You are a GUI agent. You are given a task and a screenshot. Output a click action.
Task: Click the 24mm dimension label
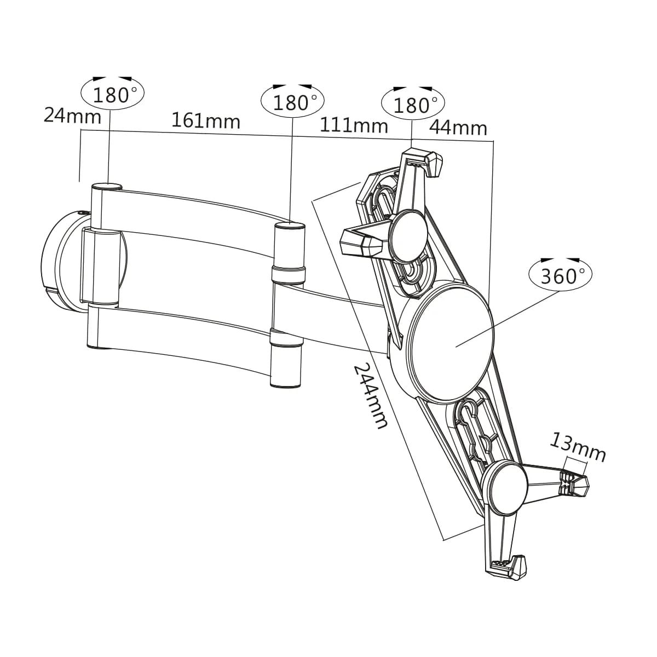(73, 116)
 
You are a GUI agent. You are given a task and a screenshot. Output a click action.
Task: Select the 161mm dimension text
(206, 120)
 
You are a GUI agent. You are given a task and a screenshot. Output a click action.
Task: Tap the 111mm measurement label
(354, 125)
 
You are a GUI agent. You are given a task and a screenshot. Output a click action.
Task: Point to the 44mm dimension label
(458, 128)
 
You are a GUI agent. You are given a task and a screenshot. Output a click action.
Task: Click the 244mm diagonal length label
(371, 396)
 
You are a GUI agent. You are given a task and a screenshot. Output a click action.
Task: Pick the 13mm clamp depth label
(578, 447)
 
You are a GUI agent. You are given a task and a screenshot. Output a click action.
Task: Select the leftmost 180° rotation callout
(113, 94)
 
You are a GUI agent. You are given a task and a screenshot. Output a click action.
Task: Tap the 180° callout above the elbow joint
(292, 102)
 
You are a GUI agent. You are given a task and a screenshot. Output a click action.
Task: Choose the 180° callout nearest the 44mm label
(413, 104)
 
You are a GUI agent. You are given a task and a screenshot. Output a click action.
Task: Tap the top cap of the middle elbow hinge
(290, 226)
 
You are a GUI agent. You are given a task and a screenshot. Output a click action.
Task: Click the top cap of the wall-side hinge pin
(107, 187)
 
